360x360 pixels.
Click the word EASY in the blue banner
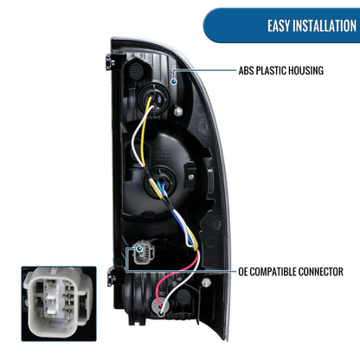pos(279,26)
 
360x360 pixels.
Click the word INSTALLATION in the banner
pos(325,26)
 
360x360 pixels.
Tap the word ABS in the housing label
pos(246,71)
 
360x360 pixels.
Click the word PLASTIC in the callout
pos(271,71)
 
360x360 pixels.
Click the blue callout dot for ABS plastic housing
pos(173,81)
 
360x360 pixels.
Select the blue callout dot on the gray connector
pos(139,248)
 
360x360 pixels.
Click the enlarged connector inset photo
pos(59,304)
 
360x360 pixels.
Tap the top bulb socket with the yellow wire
pos(151,100)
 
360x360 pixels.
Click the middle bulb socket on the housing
pos(159,179)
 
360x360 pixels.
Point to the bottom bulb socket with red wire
pos(159,306)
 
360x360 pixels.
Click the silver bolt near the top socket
pos(178,112)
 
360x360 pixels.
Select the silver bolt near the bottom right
pos(206,282)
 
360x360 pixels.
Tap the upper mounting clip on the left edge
pos(110,61)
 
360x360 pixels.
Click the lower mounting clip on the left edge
pos(111,277)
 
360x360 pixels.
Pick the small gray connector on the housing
pos(144,252)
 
